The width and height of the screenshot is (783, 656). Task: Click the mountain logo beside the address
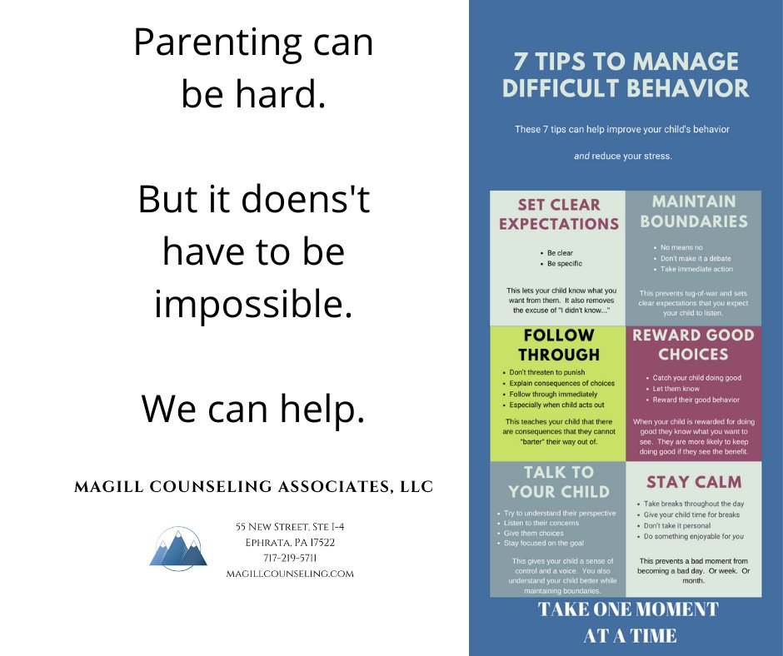178,549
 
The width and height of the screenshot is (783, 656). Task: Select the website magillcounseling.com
290,574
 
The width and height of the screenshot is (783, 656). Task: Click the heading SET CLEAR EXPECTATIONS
558,214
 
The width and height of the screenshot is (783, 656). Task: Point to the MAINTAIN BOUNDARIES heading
693,211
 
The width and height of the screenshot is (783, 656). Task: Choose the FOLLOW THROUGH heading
558,345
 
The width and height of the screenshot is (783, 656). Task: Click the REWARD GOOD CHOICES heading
693,345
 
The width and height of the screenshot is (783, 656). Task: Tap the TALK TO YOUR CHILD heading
558,481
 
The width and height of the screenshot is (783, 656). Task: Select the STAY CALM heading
693,482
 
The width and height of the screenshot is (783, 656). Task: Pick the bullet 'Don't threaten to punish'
547,372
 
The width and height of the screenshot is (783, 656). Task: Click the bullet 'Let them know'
676,389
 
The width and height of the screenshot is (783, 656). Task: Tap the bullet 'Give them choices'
534,533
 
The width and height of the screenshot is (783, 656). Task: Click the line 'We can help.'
253,408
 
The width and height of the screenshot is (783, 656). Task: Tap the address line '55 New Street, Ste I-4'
290,526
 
